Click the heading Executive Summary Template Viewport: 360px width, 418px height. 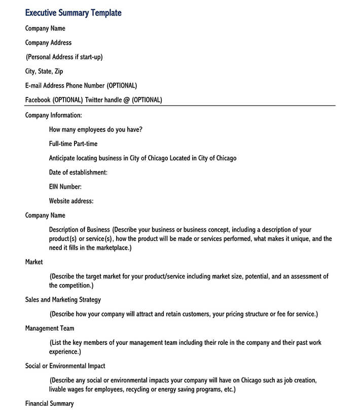click(73, 13)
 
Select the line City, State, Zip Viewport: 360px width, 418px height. click(44, 72)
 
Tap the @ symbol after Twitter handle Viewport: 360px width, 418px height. click(126, 100)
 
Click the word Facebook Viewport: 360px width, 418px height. click(38, 100)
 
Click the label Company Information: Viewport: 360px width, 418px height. click(53, 115)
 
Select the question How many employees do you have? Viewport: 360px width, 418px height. click(95, 129)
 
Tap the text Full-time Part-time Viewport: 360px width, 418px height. click(73, 144)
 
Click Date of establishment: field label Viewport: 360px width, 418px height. click(78, 172)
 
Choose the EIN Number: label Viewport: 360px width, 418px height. click(65, 187)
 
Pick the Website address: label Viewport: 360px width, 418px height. click(71, 201)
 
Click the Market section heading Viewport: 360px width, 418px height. click(34, 262)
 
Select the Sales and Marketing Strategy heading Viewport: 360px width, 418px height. click(63, 300)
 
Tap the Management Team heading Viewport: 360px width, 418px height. click(50, 328)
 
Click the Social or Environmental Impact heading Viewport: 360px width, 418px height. click(65, 366)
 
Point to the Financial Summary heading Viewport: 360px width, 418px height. click(49, 404)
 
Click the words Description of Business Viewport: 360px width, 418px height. click(79, 230)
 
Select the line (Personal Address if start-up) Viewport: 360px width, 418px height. click(64, 57)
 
